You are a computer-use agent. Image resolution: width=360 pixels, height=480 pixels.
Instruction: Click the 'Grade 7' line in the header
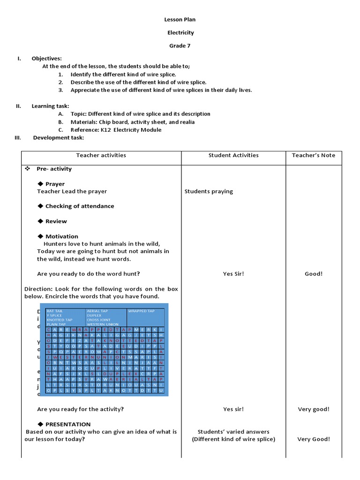(180, 45)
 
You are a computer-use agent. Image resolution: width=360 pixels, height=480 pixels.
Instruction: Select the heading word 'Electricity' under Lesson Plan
(180, 33)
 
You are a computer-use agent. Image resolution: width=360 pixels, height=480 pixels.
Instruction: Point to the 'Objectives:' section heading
(46, 58)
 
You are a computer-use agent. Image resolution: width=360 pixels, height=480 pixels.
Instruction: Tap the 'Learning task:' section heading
(50, 106)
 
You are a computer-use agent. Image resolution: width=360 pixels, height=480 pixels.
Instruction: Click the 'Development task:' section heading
(59, 138)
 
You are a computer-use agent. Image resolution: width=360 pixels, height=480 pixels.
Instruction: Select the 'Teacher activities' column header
(101, 155)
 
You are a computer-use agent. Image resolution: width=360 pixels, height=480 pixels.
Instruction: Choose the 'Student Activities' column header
(233, 155)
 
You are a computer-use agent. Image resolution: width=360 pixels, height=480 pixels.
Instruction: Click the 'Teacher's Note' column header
(314, 155)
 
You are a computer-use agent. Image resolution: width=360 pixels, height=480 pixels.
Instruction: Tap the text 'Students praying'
(209, 191)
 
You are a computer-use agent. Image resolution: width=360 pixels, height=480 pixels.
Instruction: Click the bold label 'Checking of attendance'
(79, 206)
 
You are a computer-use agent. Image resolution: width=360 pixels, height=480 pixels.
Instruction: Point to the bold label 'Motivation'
(61, 236)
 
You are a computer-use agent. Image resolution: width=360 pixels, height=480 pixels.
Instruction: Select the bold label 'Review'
(56, 221)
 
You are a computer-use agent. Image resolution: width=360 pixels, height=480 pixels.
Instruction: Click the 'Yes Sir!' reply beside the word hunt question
(233, 274)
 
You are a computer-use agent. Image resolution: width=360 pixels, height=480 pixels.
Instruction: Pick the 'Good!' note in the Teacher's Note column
(314, 274)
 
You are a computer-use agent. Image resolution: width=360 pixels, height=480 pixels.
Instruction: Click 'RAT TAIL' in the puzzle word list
(55, 311)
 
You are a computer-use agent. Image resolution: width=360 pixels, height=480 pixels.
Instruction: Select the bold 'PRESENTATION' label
(68, 424)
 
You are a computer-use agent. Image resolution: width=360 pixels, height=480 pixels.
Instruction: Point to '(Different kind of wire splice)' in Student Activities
(233, 439)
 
